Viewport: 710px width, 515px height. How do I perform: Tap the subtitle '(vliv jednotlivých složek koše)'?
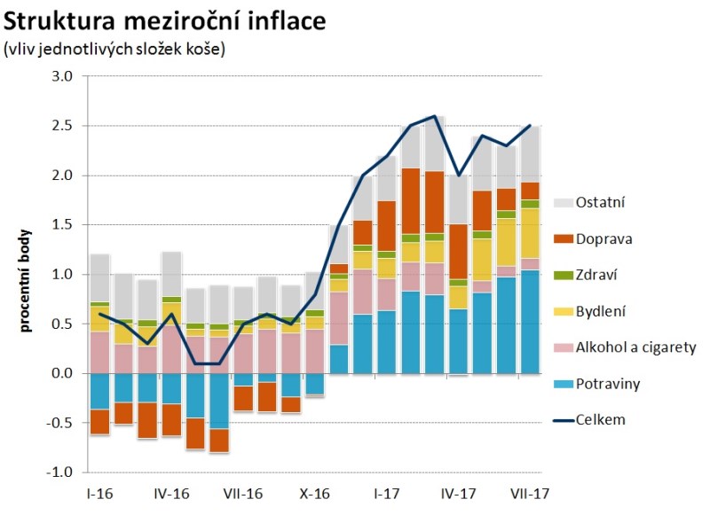[x=115, y=50]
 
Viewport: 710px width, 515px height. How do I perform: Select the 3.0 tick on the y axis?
[x=61, y=77]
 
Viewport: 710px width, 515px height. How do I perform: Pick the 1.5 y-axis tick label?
[x=61, y=225]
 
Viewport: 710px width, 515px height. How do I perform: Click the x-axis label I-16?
[x=99, y=493]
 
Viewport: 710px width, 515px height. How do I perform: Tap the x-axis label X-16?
[x=315, y=493]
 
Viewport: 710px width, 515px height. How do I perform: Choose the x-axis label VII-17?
[x=530, y=493]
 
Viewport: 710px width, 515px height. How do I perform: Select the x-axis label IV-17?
[x=458, y=493]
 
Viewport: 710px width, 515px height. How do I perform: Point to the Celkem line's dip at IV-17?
[x=458, y=176]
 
